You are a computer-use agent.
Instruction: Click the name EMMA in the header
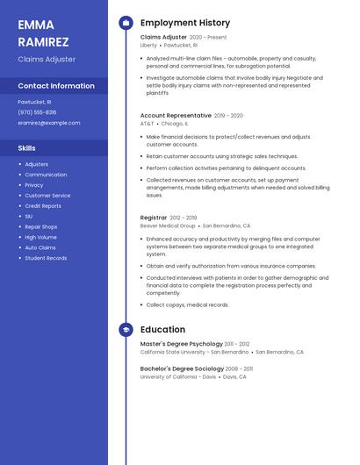(36, 25)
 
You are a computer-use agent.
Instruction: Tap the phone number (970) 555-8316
(37, 112)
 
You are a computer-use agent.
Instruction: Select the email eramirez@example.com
(48, 123)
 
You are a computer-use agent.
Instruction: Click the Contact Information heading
(56, 86)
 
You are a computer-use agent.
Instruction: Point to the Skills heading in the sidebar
(27, 148)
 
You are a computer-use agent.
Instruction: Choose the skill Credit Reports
(43, 205)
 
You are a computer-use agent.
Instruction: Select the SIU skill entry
(29, 216)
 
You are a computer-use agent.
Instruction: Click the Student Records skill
(46, 258)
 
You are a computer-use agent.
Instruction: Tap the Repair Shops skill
(40, 226)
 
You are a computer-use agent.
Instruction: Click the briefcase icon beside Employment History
(126, 23)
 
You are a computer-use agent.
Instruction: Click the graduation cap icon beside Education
(126, 330)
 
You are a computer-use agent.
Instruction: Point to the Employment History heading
(185, 23)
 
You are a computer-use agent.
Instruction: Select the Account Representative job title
(176, 115)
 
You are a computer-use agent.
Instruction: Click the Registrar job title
(153, 217)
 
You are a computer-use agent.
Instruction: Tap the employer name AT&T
(147, 124)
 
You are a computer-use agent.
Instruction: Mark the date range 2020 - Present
(208, 38)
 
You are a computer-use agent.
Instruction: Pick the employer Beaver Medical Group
(169, 225)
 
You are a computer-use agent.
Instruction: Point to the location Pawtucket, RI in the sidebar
(34, 102)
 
